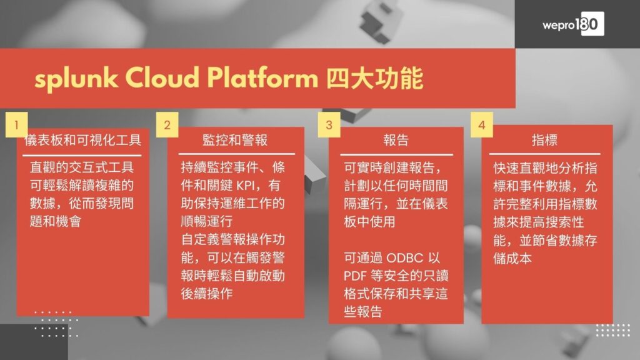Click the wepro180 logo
point(573,24)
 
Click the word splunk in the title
point(76,78)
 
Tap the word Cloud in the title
point(162,77)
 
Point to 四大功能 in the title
point(375,78)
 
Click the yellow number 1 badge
point(17,124)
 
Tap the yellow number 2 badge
point(167,124)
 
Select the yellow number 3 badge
point(329,124)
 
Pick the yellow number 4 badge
point(482,124)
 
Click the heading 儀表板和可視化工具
point(83,140)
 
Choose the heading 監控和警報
point(235,140)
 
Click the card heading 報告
point(396,140)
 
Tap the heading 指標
point(544,140)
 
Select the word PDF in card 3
point(355,276)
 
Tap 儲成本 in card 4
point(512,258)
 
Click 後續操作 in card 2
point(206,294)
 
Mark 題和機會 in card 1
point(56,222)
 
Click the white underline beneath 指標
point(544,154)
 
